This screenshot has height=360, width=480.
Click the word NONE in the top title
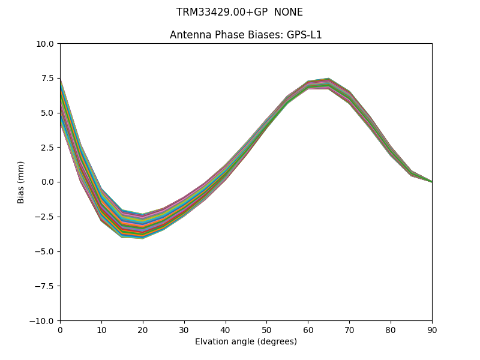tap(288, 12)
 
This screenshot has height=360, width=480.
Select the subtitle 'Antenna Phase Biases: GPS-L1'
tap(246, 35)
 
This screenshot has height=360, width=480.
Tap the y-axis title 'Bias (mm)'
tap(21, 182)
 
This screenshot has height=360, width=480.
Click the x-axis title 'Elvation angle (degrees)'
tap(246, 342)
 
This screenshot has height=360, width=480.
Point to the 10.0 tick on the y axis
tap(45, 44)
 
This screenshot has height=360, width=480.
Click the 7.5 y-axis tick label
tap(47, 78)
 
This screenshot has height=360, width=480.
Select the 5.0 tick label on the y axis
tap(47, 113)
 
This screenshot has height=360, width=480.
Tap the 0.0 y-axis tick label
tap(47, 182)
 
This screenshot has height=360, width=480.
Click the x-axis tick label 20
tap(143, 329)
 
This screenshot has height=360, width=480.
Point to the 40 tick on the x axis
tap(226, 329)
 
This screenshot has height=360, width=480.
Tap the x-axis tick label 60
tap(308, 329)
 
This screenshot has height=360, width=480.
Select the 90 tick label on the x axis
tap(431, 329)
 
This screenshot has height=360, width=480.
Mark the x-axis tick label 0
tap(60, 329)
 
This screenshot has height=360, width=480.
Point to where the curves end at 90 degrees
tap(431, 181)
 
